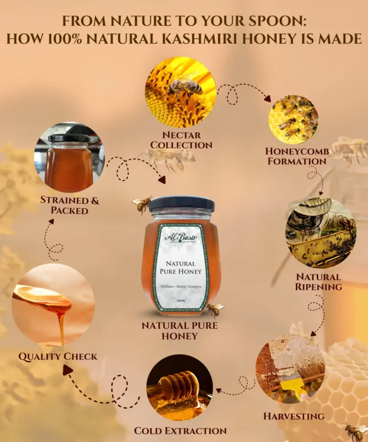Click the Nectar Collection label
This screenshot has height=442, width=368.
click(x=181, y=140)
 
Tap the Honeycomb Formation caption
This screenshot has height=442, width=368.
click(x=295, y=156)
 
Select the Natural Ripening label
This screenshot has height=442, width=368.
click(x=319, y=281)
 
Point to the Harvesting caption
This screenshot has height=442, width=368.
click(x=293, y=415)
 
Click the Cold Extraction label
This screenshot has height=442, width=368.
click(x=180, y=430)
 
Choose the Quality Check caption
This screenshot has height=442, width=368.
click(x=58, y=356)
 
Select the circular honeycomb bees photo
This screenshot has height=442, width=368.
click(x=293, y=120)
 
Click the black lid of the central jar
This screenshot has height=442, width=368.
click(x=180, y=203)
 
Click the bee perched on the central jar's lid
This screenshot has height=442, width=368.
click(x=142, y=204)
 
